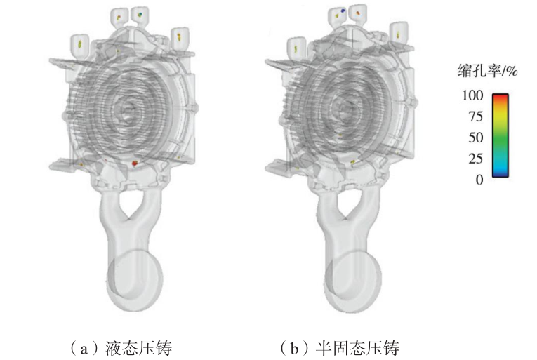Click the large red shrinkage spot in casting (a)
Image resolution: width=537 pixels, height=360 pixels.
[x=135, y=164]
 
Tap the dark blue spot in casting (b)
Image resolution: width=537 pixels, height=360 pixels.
[x=343, y=11]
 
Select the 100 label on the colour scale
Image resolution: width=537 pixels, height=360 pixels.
[x=472, y=95]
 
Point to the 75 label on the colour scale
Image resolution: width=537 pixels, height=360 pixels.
[x=475, y=116]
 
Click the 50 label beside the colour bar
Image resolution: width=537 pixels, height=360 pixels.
[x=475, y=138]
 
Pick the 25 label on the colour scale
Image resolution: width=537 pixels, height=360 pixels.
[x=475, y=159]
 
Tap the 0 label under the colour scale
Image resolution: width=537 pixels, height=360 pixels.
[x=479, y=180]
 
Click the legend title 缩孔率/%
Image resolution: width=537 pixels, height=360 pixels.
[x=487, y=71]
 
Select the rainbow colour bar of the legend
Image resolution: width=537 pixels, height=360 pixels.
[x=500, y=135]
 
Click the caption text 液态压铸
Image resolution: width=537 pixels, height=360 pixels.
[x=138, y=348]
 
